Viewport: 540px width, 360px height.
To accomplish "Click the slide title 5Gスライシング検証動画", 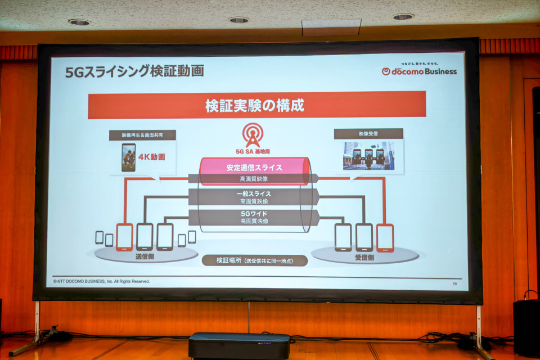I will pos(134,71).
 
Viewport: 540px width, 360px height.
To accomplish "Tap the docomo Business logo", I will pos(419,71).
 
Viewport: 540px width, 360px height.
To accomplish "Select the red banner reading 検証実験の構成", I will pos(256,105).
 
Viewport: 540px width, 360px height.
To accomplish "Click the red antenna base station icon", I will pos(253,136).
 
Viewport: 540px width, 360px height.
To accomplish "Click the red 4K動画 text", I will pos(152,157).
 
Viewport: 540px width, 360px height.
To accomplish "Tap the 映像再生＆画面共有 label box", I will pos(142,135).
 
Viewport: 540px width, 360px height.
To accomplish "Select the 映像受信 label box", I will pos(368,134).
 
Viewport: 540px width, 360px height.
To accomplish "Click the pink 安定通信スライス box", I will pos(254,168).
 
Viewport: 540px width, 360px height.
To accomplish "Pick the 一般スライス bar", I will pos(254,196).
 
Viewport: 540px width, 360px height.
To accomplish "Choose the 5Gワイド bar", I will pos(254,217).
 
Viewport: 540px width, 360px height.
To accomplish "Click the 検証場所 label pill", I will pos(255,260).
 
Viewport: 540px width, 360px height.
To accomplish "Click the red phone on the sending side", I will pos(124,237).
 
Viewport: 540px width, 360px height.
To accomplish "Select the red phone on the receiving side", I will pos(385,237).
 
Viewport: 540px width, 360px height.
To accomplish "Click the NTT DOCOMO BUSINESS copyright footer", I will pos(102,281).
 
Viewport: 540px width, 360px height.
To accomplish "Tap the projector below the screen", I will pos(239,344).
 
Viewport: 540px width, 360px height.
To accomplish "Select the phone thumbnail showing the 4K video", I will pos(128,157).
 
